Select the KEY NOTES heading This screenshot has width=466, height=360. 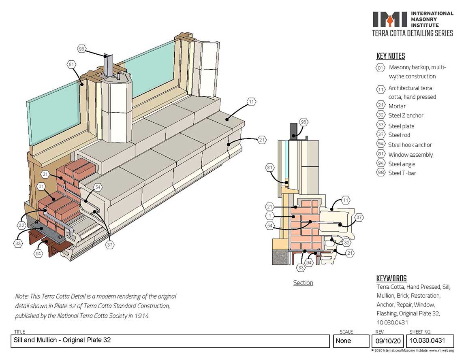coord(391,56)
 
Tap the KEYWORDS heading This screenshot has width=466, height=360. coord(391,278)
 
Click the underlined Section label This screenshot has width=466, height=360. coord(303,283)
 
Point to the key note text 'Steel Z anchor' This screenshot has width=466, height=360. coord(406,115)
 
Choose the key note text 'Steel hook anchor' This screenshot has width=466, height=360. coord(410,145)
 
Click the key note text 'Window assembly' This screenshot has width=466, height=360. coord(410,155)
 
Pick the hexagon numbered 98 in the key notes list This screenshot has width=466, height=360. coord(380,173)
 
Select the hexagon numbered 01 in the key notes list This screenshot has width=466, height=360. coord(380,68)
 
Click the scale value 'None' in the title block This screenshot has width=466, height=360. coord(343,341)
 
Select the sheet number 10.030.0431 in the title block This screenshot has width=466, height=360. coord(427,341)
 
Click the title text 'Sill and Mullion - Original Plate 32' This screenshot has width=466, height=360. coord(62,340)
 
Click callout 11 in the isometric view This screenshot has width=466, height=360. coord(251,102)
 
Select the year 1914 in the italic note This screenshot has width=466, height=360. coord(142,316)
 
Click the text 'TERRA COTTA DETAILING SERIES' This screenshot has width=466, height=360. coord(413,33)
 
